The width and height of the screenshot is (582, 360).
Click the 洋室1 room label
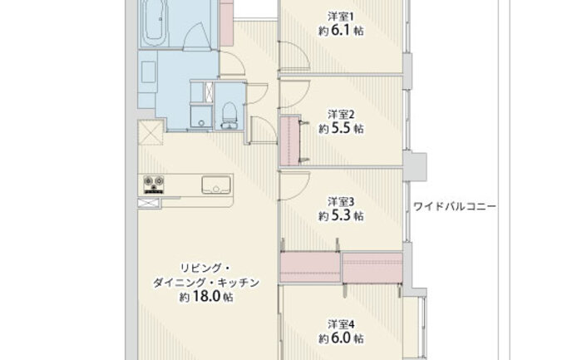pos(341,17)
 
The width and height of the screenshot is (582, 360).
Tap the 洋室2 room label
pos(341,114)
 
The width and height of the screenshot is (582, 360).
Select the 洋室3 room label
pos(341,201)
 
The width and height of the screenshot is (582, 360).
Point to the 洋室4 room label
pos(341,324)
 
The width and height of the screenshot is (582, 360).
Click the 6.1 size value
pos(341,31)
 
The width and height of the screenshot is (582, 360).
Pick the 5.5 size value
pos(341,128)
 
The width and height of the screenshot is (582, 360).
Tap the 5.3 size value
pos(341,215)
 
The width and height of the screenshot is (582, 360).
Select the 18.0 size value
pos(206,297)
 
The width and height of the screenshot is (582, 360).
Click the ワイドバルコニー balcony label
pos(454,206)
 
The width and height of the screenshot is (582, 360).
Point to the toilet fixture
pos(229,116)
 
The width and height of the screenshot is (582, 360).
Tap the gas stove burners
pos(154,185)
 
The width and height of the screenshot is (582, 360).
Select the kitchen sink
pos(216,185)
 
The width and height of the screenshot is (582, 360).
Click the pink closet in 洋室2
pos(289,141)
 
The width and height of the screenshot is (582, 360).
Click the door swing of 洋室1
pos(294,56)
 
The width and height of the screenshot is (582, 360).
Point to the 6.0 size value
pos(341,338)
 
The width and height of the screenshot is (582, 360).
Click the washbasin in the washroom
pos(149,72)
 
